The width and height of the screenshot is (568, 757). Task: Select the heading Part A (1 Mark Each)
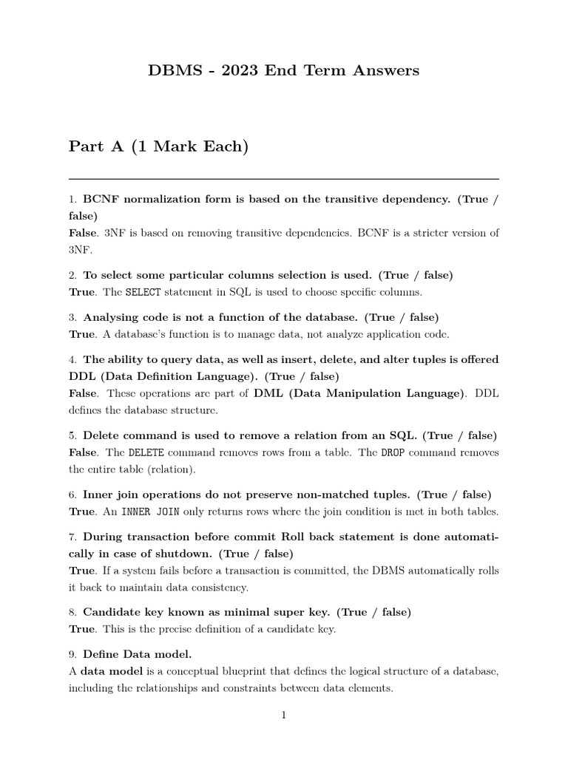point(158,147)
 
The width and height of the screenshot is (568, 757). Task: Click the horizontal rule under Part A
point(283,179)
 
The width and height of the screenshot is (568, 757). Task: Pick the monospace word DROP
point(393,452)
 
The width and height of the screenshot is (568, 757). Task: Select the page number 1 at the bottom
point(283,715)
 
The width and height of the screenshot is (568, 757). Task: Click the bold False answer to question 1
point(83,233)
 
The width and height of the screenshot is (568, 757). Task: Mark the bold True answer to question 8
point(82,629)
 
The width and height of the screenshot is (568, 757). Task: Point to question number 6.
point(72,495)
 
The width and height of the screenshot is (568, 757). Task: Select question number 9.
point(72,654)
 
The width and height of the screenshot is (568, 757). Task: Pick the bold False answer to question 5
point(83,452)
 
